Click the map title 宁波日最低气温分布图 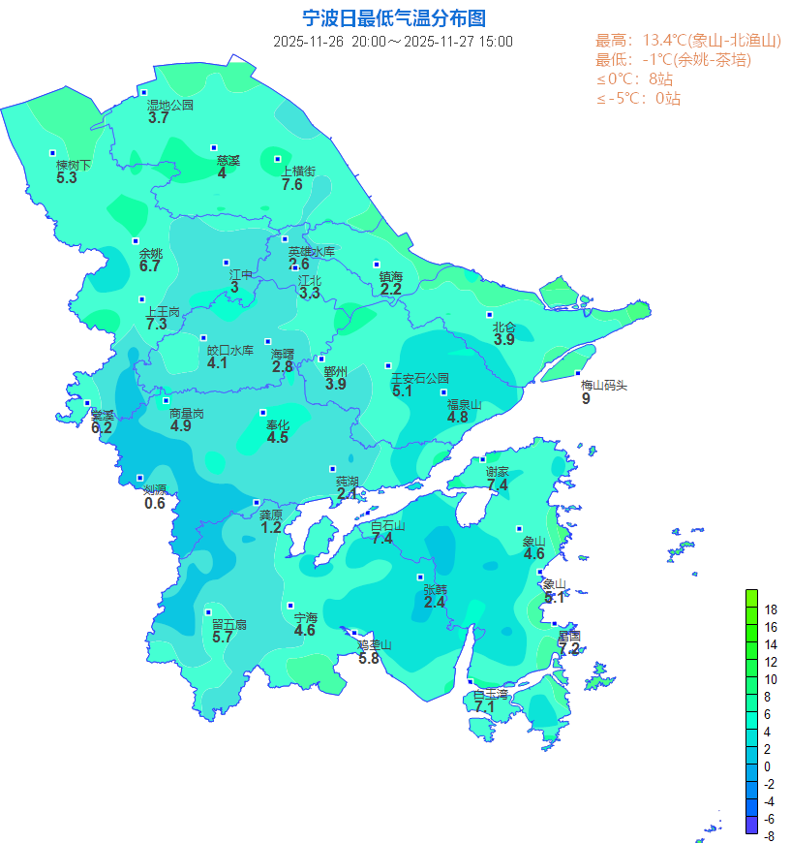(x=393, y=18)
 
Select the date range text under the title (x=393, y=42)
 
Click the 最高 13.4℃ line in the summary (x=687, y=41)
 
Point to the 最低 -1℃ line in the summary (x=673, y=60)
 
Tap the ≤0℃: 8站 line (x=634, y=79)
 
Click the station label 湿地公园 (x=170, y=105)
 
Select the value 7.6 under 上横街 (x=292, y=185)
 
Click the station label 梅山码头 (x=604, y=385)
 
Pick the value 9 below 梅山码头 (x=586, y=398)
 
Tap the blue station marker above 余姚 (x=136, y=241)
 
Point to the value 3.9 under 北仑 (x=504, y=340)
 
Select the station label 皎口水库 (x=230, y=351)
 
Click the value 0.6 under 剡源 (x=155, y=503)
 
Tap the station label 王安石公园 (x=419, y=378)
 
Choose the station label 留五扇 (x=229, y=625)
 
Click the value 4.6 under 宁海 (x=305, y=631)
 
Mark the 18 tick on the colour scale (x=771, y=609)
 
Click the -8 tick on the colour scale (x=769, y=835)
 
